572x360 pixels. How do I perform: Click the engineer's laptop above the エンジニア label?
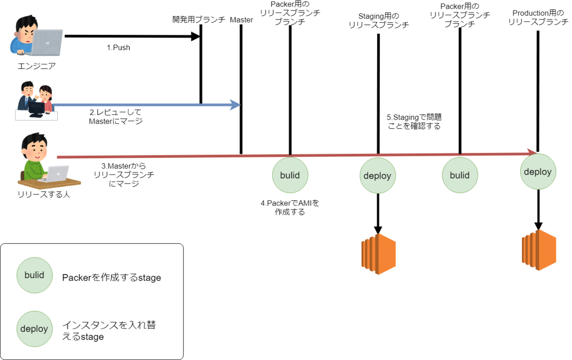point(48,42)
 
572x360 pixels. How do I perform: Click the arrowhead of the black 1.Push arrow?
point(195,36)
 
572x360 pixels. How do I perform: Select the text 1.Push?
point(118,48)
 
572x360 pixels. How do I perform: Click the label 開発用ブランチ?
point(199,20)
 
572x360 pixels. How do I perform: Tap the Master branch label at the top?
point(241,20)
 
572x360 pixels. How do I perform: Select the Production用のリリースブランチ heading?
point(538,17)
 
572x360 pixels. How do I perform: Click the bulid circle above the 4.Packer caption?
point(290,175)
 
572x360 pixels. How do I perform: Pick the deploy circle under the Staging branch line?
point(378,176)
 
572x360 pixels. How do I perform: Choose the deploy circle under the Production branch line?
point(538,172)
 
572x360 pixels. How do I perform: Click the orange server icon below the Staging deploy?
point(378,254)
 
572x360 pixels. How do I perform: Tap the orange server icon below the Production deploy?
point(539,250)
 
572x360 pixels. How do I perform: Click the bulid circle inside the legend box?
point(34,275)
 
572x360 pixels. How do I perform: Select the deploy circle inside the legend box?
point(34,329)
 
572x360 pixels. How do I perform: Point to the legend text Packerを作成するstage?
point(112,278)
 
